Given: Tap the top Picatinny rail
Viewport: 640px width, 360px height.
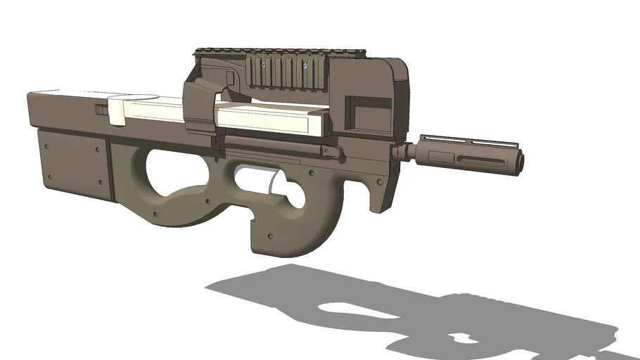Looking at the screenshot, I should [232, 51].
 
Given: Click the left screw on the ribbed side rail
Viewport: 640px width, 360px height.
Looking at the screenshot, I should [263, 65].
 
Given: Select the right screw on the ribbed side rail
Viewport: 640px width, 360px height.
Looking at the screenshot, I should [305, 65].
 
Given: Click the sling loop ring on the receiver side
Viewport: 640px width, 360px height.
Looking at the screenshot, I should [325, 149].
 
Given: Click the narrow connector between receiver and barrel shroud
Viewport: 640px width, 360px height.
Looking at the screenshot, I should [402, 151].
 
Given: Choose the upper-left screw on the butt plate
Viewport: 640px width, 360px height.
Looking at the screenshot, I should [47, 148].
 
